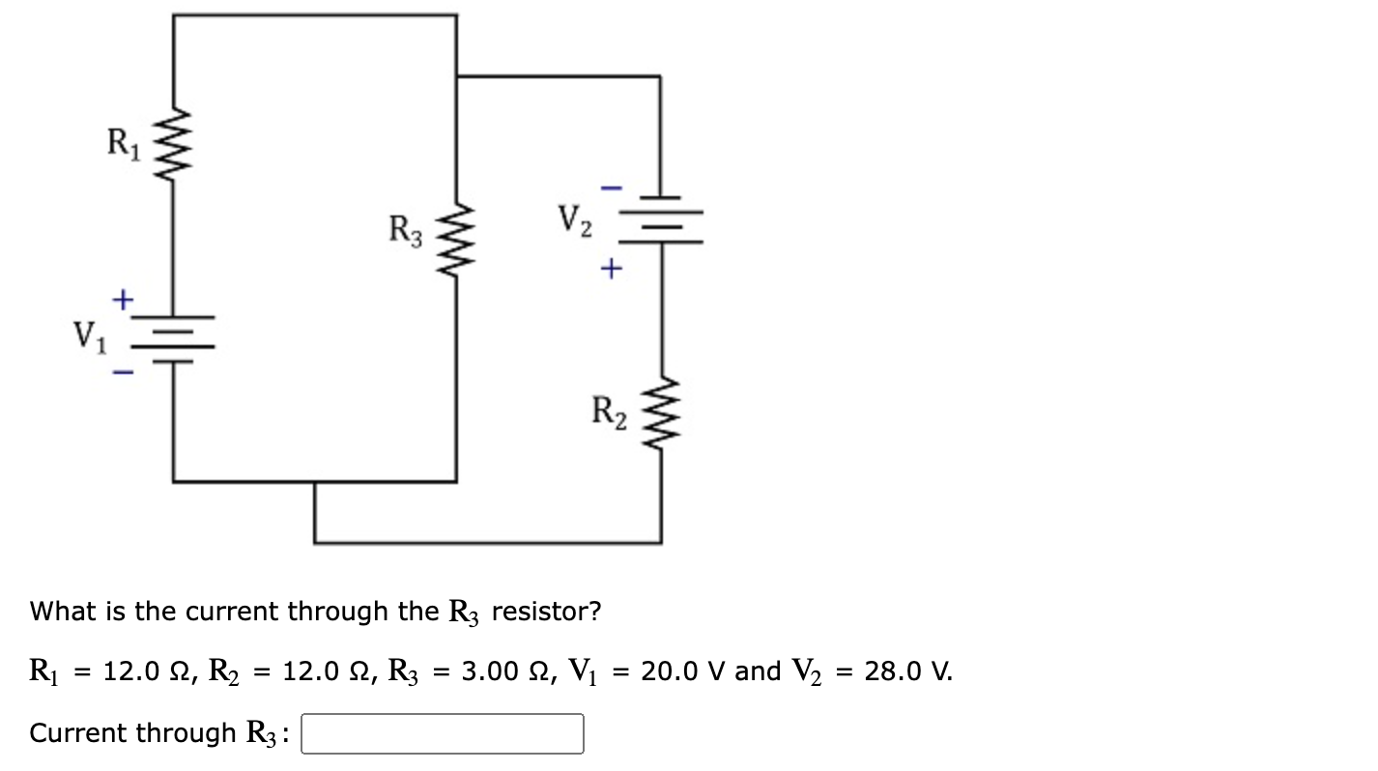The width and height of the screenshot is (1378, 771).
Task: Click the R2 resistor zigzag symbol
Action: pos(661,413)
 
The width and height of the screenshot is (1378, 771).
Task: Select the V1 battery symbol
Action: pos(174,337)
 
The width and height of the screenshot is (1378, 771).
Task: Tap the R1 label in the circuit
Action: pos(123,144)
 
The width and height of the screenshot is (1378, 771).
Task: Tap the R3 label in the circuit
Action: pos(405,232)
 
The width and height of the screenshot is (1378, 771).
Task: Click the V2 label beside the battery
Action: pos(575,222)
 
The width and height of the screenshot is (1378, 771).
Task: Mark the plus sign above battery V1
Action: pos(122,300)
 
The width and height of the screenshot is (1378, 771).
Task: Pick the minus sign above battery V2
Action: pos(609,186)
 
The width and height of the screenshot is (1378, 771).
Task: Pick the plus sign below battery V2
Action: pos(609,270)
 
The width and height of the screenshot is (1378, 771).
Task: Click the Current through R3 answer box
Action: pos(443,734)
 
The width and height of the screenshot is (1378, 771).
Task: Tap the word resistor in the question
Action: pos(546,612)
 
